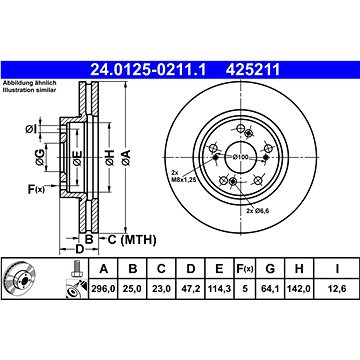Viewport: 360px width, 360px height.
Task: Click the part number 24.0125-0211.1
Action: click(x=149, y=70)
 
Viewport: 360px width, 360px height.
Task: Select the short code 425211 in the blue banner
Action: click(x=253, y=70)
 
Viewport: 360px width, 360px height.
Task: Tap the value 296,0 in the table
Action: click(x=103, y=288)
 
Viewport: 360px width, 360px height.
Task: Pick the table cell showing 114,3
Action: click(x=219, y=288)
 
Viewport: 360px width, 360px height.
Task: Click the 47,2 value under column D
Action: click(x=190, y=288)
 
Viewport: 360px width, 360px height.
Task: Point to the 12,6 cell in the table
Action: click(x=337, y=288)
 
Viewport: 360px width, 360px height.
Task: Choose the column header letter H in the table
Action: click(x=299, y=269)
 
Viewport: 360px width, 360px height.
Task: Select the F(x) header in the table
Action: click(x=245, y=269)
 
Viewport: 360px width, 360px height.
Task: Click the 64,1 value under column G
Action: click(x=270, y=288)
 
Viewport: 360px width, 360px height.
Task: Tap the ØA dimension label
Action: click(x=126, y=158)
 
